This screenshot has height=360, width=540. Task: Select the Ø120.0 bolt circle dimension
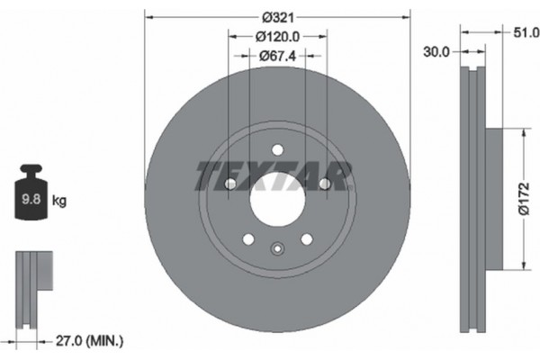276,37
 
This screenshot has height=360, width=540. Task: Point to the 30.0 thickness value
436,52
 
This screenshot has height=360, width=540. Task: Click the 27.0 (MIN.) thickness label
90,340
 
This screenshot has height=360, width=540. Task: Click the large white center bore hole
276,195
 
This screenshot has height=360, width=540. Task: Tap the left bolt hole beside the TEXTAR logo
229,184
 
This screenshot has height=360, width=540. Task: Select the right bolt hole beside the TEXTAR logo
323,184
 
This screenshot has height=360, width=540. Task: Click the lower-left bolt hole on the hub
247,239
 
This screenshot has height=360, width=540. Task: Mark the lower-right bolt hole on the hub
306,239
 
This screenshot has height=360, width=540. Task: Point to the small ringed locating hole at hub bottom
276,251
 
